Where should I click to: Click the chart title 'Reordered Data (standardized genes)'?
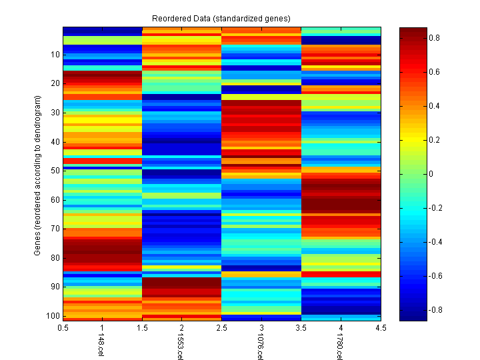coord(221,17)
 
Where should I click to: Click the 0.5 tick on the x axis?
coord(63,328)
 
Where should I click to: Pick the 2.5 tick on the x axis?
coord(222,328)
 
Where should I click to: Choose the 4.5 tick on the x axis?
coord(381,328)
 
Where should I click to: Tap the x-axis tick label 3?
coord(261,328)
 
